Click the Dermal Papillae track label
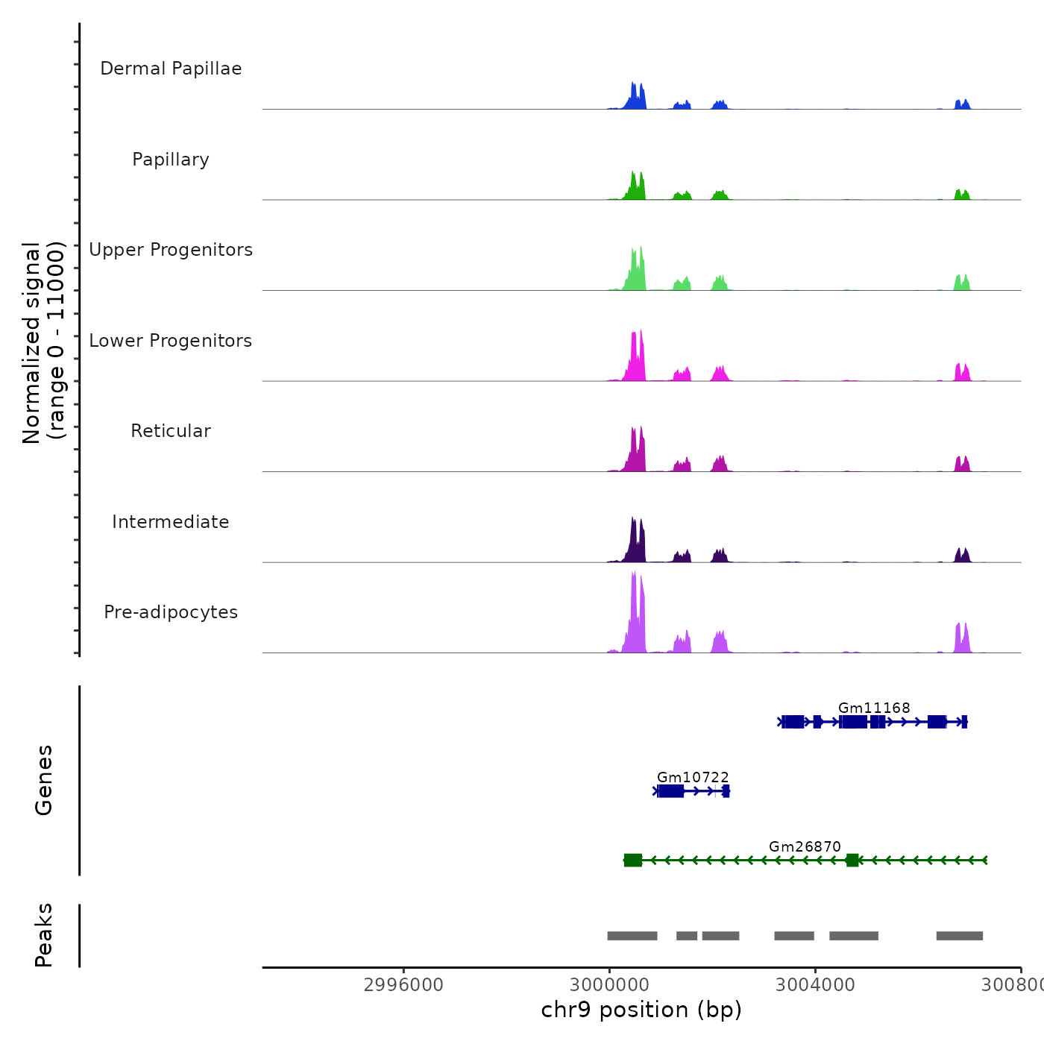171,69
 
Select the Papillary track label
171,160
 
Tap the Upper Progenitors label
171,250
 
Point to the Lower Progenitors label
171,341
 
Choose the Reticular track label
171,431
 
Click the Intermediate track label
171,522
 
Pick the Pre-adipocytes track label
171,612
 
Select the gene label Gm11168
874,708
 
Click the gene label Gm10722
693,777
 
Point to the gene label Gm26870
805,846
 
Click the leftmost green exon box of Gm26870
632,861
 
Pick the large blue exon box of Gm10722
670,791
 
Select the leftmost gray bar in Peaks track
632,936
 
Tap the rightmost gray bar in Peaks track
960,936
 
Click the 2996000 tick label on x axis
403,984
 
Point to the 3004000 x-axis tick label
815,984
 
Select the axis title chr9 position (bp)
641,1010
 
